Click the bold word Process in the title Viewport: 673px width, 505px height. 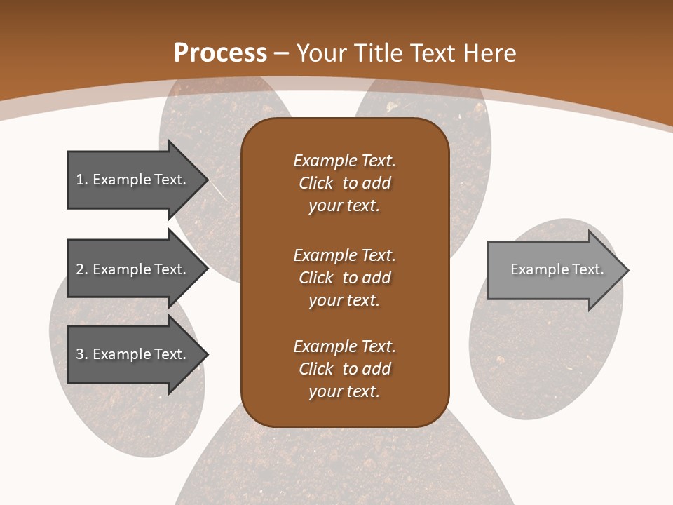[220, 53]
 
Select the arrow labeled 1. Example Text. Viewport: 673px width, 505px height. [133, 180]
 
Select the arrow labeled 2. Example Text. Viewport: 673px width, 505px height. [133, 269]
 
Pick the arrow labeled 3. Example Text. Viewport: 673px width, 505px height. [133, 354]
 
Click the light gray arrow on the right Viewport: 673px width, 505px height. [554, 270]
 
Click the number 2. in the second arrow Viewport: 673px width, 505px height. [81, 269]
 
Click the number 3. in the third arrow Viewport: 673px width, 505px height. [81, 354]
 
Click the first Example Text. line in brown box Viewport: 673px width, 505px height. [344, 161]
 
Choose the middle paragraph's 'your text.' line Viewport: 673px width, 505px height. [344, 300]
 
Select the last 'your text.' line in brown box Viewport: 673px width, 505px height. [344, 391]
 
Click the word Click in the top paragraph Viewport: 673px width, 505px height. [316, 183]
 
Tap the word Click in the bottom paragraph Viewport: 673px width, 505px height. [316, 369]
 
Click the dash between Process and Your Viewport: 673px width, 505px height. [282, 53]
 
